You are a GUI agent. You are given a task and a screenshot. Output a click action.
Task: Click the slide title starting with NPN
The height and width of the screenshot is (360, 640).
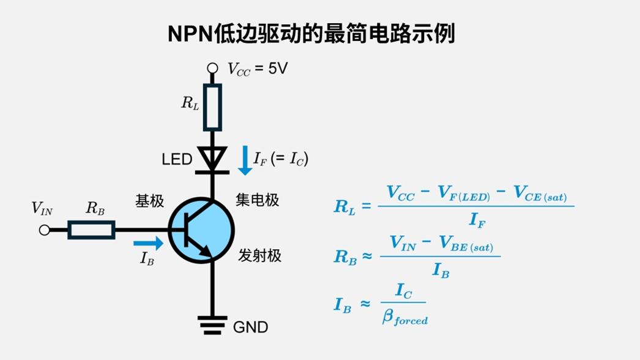(312, 34)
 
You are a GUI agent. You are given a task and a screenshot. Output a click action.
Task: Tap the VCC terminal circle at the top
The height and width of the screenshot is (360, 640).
(212, 68)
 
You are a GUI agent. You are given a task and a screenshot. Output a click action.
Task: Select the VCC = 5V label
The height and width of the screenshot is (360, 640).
(257, 69)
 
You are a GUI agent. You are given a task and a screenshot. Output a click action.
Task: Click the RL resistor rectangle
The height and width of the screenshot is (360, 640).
(212, 108)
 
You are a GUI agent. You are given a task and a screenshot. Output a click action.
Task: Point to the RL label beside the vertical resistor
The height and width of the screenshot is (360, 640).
(190, 103)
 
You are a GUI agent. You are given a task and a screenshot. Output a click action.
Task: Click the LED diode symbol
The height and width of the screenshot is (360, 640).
(212, 159)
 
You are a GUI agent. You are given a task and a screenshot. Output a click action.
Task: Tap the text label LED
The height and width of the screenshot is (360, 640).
(177, 160)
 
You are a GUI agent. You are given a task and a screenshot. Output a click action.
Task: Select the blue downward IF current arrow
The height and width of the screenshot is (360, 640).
(245, 160)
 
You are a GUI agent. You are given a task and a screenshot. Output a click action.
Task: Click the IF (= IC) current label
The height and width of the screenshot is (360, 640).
(281, 160)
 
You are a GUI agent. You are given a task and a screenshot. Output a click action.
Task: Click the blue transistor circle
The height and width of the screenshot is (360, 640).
(201, 230)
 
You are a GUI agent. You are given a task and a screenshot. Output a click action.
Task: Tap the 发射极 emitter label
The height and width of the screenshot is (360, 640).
(259, 256)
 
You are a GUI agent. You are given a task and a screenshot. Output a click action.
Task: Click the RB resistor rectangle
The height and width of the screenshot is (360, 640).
(91, 230)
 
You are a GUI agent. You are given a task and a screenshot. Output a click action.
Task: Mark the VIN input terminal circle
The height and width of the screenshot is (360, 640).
(44, 230)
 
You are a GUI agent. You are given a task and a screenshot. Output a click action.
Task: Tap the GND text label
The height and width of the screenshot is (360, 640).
(250, 327)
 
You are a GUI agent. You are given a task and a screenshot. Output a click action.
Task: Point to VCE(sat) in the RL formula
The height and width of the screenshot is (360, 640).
(540, 195)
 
